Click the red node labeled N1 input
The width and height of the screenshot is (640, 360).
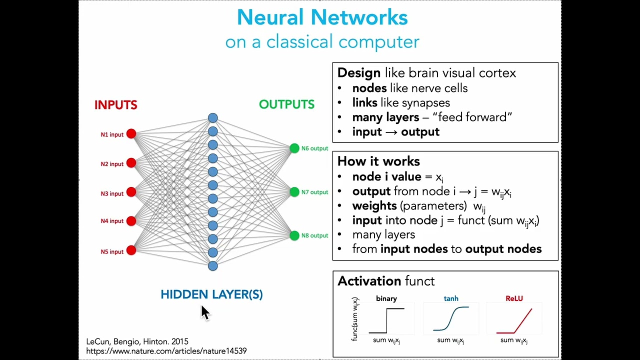[x=131, y=133]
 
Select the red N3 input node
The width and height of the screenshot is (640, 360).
[x=131, y=192]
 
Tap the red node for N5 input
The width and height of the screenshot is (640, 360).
[x=131, y=250]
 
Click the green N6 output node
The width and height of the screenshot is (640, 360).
[x=294, y=148]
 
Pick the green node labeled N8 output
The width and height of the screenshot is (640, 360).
[x=294, y=235]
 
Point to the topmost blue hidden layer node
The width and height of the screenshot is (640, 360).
[x=213, y=118]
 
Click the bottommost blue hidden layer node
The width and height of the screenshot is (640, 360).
[x=213, y=265]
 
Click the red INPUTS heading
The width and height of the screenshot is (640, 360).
[x=115, y=105]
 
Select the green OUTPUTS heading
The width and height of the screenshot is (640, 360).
[x=286, y=104]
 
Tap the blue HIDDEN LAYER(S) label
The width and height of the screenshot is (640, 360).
[x=211, y=294]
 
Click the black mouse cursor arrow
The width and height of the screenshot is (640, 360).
[x=205, y=312]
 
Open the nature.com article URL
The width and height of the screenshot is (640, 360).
[x=166, y=351]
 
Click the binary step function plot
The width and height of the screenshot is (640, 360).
[x=386, y=320]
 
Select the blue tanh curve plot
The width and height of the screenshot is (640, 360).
[x=451, y=319]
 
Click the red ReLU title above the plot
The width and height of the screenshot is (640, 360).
[x=514, y=298]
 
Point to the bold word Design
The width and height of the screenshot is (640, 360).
[x=358, y=73]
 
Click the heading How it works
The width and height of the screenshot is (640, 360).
[x=378, y=161]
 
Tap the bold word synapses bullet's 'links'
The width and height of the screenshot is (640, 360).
[x=365, y=102]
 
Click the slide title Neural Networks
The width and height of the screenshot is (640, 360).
[x=322, y=17]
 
